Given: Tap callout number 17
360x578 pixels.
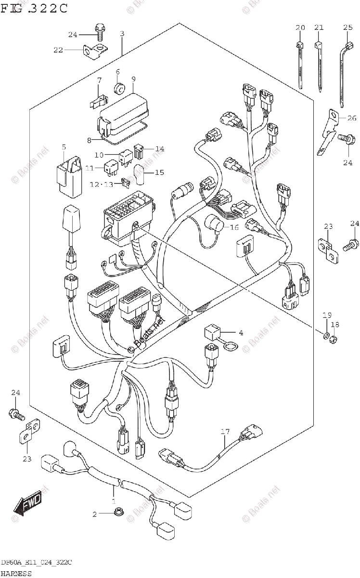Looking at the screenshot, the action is [x=225, y=432].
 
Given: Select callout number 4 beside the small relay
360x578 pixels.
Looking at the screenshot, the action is [x=241, y=332].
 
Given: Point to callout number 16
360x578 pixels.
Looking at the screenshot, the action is [x=234, y=227].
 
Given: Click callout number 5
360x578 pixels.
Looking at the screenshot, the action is [x=63, y=146].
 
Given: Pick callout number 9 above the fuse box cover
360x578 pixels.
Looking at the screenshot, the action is [x=133, y=79].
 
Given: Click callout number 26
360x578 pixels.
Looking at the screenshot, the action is [x=352, y=118].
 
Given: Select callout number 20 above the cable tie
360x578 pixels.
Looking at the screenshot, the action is [x=300, y=27].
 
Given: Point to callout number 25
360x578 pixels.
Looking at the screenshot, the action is [x=348, y=27].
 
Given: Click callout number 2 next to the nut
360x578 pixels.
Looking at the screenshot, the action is [x=95, y=514].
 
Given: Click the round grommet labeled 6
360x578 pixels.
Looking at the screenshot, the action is [x=118, y=89].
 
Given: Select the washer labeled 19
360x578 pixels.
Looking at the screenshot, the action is [x=326, y=336].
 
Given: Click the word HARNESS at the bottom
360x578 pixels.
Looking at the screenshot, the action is [x=16, y=573].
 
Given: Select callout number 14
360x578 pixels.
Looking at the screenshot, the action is [x=159, y=149].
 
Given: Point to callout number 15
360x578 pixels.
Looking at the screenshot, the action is [x=159, y=172].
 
